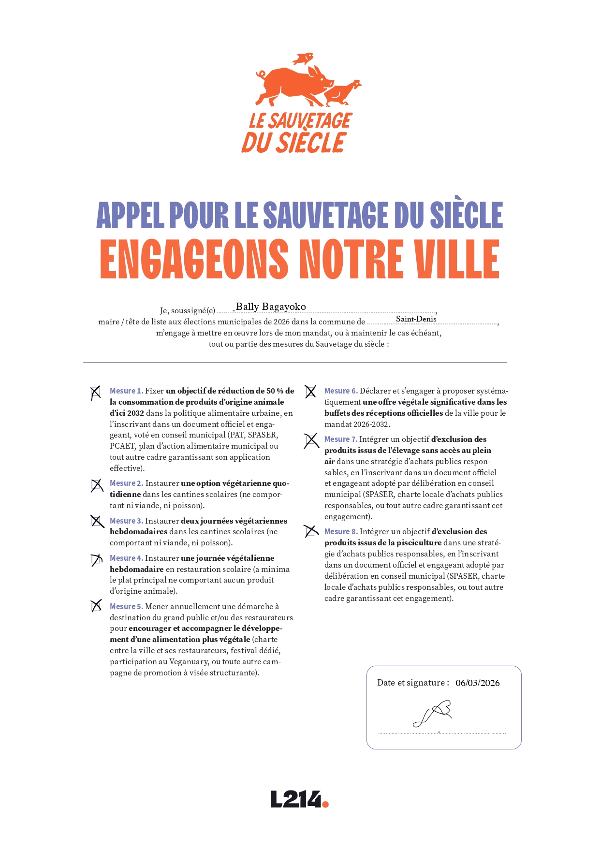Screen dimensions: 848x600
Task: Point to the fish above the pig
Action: (303, 59)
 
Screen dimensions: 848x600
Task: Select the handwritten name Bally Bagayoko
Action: (271, 307)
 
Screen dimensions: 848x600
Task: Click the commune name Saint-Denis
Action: (416, 319)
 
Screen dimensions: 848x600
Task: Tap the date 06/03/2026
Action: (477, 683)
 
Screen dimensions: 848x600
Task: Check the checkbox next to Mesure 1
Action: (96, 392)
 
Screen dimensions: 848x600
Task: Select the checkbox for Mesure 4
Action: (96, 559)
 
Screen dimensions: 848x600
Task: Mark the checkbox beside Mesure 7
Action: (311, 440)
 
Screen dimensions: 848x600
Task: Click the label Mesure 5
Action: (126, 606)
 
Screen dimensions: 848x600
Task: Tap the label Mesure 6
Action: (341, 391)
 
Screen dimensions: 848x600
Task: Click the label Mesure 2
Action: (126, 483)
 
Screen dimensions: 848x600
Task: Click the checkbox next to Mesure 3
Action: (97, 521)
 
